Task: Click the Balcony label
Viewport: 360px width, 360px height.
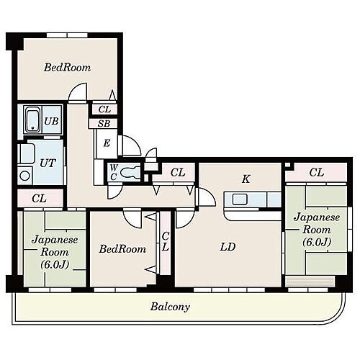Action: click(170, 307)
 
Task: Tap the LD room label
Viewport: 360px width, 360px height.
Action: click(228, 247)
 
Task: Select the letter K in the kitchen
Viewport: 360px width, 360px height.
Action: click(246, 179)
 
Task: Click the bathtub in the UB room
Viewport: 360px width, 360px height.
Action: click(32, 120)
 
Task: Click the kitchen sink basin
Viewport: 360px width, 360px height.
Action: click(240, 199)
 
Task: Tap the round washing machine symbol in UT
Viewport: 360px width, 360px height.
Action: click(24, 176)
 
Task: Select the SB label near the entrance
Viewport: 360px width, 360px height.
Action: click(104, 124)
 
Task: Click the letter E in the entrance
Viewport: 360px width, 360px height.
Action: click(107, 143)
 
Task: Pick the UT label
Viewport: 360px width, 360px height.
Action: click(48, 163)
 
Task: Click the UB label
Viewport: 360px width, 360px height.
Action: click(51, 121)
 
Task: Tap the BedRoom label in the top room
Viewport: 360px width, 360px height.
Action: click(68, 68)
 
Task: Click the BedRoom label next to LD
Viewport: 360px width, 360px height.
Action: click(122, 249)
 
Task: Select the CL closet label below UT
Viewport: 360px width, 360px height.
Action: click(40, 199)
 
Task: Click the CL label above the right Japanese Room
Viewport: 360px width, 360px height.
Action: click(317, 172)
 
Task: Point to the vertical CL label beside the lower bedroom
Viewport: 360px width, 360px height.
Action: click(166, 241)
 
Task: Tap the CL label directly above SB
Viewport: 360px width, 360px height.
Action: click(104, 109)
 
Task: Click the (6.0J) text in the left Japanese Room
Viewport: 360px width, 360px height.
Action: click(55, 265)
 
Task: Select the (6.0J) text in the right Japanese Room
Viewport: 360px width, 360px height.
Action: click(317, 243)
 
